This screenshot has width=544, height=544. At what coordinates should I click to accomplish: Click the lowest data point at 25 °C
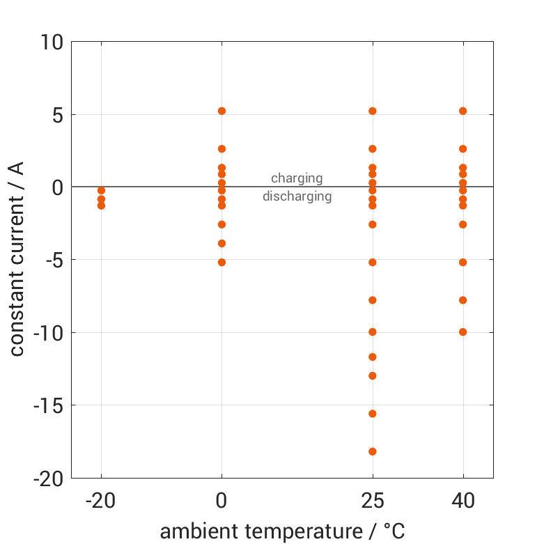pos(373,451)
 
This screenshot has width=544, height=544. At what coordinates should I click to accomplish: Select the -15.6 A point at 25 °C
pos(373,414)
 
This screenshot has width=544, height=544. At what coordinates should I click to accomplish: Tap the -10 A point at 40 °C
pos(463,332)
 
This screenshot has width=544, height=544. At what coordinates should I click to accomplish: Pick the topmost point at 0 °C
pos(222,111)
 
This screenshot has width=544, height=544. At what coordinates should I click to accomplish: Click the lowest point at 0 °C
pos(222,263)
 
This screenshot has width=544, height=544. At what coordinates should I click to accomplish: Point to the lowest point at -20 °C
pos(101,205)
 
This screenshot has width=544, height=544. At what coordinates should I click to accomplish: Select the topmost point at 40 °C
pos(463,111)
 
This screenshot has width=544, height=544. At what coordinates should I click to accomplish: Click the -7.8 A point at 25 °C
pos(373,300)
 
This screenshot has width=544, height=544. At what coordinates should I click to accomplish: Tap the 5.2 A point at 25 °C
pos(373,111)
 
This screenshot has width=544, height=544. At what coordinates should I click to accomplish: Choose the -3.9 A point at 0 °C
pos(222,243)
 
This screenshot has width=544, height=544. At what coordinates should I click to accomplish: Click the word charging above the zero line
pos(297,178)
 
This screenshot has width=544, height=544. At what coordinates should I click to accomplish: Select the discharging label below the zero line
pos(297,196)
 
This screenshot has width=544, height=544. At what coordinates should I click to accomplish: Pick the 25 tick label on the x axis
pos(373,501)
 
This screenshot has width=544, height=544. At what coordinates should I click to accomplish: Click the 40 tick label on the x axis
pos(463,501)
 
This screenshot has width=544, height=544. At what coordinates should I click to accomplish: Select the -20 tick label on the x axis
pos(101,501)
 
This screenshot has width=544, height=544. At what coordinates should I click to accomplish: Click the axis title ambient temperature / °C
pos(282,531)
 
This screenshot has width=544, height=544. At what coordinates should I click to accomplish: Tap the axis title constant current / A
pos(17,259)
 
